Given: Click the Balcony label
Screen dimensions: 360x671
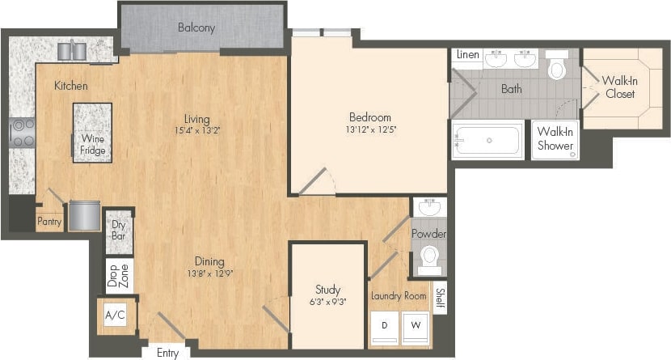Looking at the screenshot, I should pos(196,28).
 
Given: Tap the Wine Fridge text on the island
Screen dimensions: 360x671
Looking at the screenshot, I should pos(91,144).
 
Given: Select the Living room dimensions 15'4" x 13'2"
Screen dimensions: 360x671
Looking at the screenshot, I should pos(196,130).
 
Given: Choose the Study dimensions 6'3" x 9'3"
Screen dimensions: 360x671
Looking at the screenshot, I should pos(327,301).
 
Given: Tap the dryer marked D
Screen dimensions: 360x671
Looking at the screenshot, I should pos(384,327).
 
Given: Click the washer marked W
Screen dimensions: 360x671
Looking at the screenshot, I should pos(416,327).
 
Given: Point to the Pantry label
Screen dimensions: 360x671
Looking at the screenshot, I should pos(49,220).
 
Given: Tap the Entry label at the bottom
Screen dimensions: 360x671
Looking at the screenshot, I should pos(167,353).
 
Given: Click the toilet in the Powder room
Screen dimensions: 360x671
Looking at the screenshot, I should pos(429,259).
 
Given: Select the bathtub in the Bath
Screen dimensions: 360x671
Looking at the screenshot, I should pos(487,141).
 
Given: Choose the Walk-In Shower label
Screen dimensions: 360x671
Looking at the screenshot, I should pos(555,138).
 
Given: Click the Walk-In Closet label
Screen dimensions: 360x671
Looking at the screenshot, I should pos(620,87).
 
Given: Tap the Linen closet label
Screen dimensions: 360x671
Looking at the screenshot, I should pos(468,55).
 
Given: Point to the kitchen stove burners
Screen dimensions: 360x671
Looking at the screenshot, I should pos(22,133).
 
